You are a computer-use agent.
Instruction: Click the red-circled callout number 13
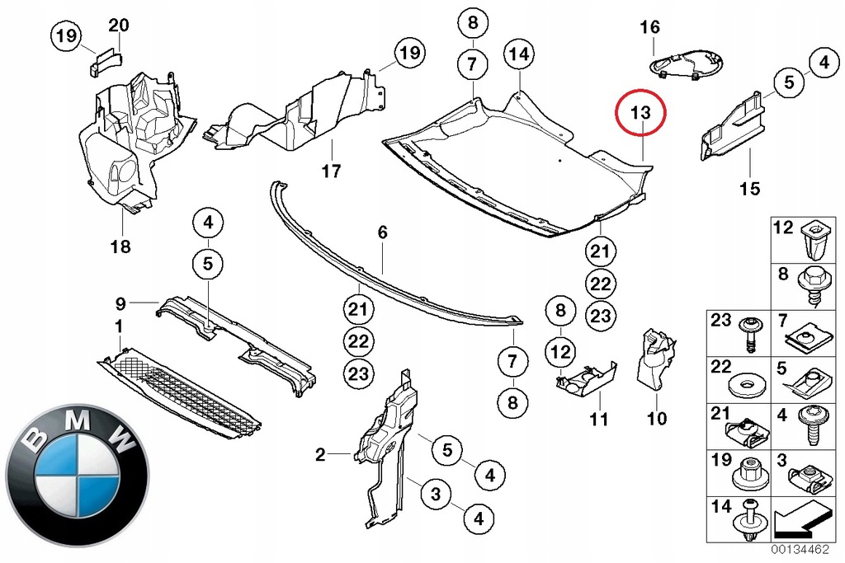[641, 113]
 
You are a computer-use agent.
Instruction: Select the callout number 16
[650, 27]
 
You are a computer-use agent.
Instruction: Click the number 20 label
[119, 26]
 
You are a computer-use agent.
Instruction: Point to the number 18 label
[121, 246]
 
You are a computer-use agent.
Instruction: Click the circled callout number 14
[518, 55]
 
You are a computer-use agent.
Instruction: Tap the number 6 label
[382, 233]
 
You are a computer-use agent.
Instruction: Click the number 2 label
[320, 453]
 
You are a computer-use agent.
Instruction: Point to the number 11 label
[599, 420]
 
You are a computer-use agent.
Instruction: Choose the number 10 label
[656, 420]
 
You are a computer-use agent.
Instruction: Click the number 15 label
[748, 189]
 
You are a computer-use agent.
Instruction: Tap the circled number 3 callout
[437, 494]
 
